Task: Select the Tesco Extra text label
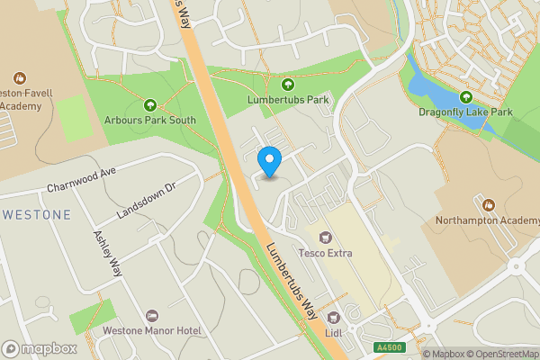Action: click(326, 253)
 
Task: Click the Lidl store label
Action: click(334, 332)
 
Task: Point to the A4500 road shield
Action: click(390, 347)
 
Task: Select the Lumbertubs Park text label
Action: click(288, 99)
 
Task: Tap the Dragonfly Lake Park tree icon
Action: click(465, 97)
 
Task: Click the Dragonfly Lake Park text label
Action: click(465, 113)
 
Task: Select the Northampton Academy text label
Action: click(487, 220)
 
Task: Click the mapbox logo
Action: click(40, 348)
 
